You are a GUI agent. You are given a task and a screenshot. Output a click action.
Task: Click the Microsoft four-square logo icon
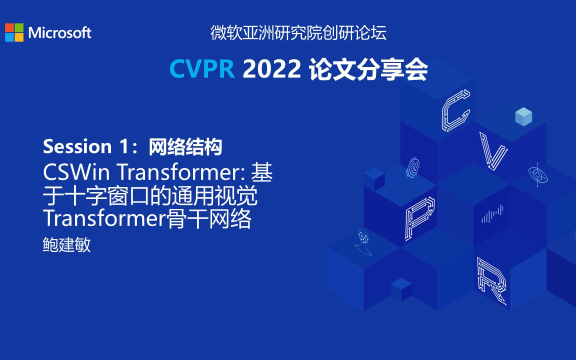click(14, 32)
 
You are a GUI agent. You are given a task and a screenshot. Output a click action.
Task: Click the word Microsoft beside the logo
click(60, 33)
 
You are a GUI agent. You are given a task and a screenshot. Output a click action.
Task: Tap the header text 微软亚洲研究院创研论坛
click(298, 33)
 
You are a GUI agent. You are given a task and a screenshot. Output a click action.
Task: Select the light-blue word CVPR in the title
click(202, 69)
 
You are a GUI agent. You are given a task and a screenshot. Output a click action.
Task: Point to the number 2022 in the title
click(271, 69)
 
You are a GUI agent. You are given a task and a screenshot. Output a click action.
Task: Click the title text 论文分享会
click(368, 69)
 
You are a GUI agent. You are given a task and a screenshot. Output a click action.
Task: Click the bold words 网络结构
click(185, 146)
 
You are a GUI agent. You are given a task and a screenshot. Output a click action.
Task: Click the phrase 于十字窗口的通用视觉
click(150, 196)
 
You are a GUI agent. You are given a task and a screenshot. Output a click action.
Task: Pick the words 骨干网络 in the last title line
click(209, 219)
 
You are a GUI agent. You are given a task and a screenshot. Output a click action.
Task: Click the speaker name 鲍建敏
click(67, 245)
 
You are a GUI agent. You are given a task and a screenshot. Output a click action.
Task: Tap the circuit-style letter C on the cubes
click(455, 110)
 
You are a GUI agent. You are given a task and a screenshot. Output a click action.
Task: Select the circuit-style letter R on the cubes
click(492, 280)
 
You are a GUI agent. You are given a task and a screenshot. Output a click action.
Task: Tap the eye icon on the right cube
click(536, 174)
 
